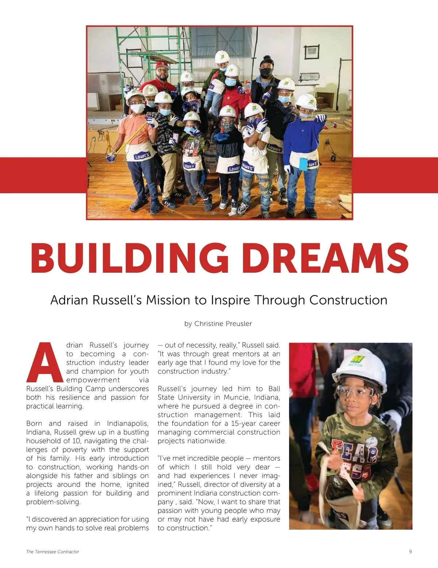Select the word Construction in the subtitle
[348, 300]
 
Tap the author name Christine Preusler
[223, 324]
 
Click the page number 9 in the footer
[411, 552]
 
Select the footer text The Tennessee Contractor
[53, 552]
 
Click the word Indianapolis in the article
[128, 424]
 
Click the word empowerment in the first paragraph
[93, 380]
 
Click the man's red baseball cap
[162, 66]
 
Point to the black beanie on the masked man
[266, 61]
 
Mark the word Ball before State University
[274, 389]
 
